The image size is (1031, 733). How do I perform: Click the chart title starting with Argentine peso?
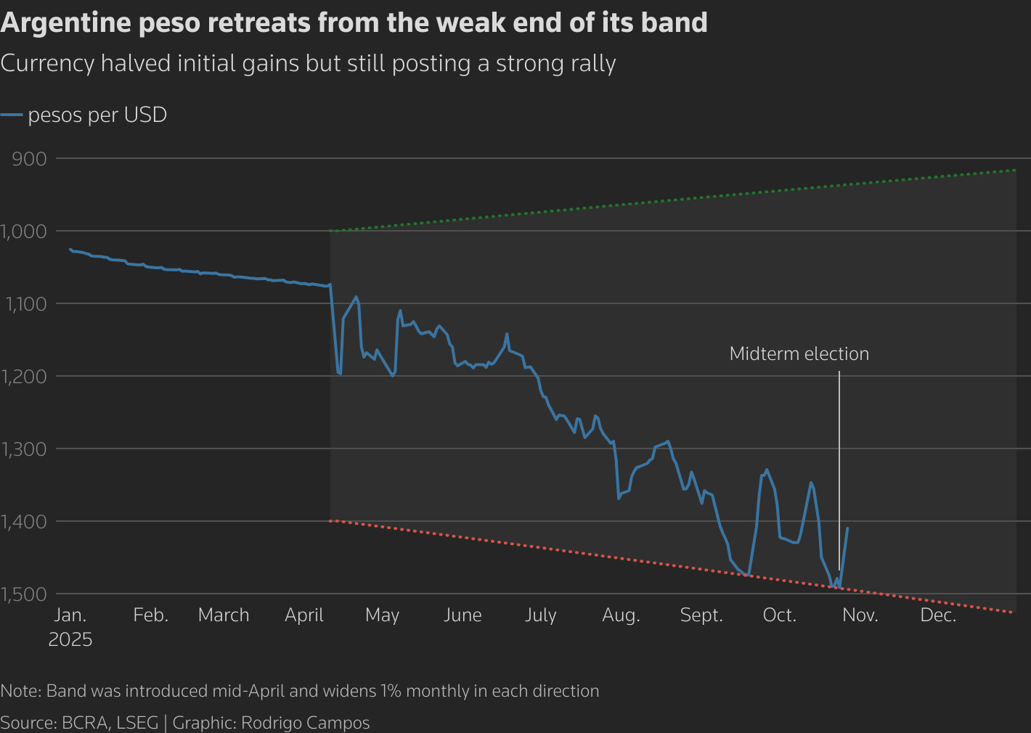pyautogui.click(x=354, y=23)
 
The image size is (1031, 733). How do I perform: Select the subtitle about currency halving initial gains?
pyautogui.click(x=308, y=64)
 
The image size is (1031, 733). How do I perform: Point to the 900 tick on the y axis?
pyautogui.click(x=30, y=158)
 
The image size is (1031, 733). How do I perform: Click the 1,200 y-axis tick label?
pyautogui.click(x=25, y=376)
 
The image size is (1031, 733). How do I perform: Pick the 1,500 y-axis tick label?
pyautogui.click(x=25, y=594)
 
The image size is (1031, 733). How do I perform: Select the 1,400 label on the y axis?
pyautogui.click(x=25, y=521)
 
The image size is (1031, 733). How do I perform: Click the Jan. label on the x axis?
pyautogui.click(x=70, y=615)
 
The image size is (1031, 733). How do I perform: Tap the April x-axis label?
pyautogui.click(x=304, y=615)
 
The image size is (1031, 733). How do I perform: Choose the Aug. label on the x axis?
pyautogui.click(x=621, y=615)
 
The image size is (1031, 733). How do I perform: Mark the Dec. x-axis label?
pyautogui.click(x=938, y=615)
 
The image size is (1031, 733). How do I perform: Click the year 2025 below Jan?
pyautogui.click(x=70, y=639)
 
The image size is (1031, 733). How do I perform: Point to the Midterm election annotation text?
pyautogui.click(x=799, y=353)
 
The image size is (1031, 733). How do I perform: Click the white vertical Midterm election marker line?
pyautogui.click(x=839, y=472)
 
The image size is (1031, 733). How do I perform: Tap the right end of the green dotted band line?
pyautogui.click(x=1014, y=170)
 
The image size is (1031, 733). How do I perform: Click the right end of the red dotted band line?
pyautogui.click(x=1011, y=613)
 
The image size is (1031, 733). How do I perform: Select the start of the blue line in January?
pyautogui.click(x=70, y=249)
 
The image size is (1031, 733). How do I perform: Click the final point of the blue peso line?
pyautogui.click(x=847, y=528)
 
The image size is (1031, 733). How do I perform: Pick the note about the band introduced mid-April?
pyautogui.click(x=300, y=691)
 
